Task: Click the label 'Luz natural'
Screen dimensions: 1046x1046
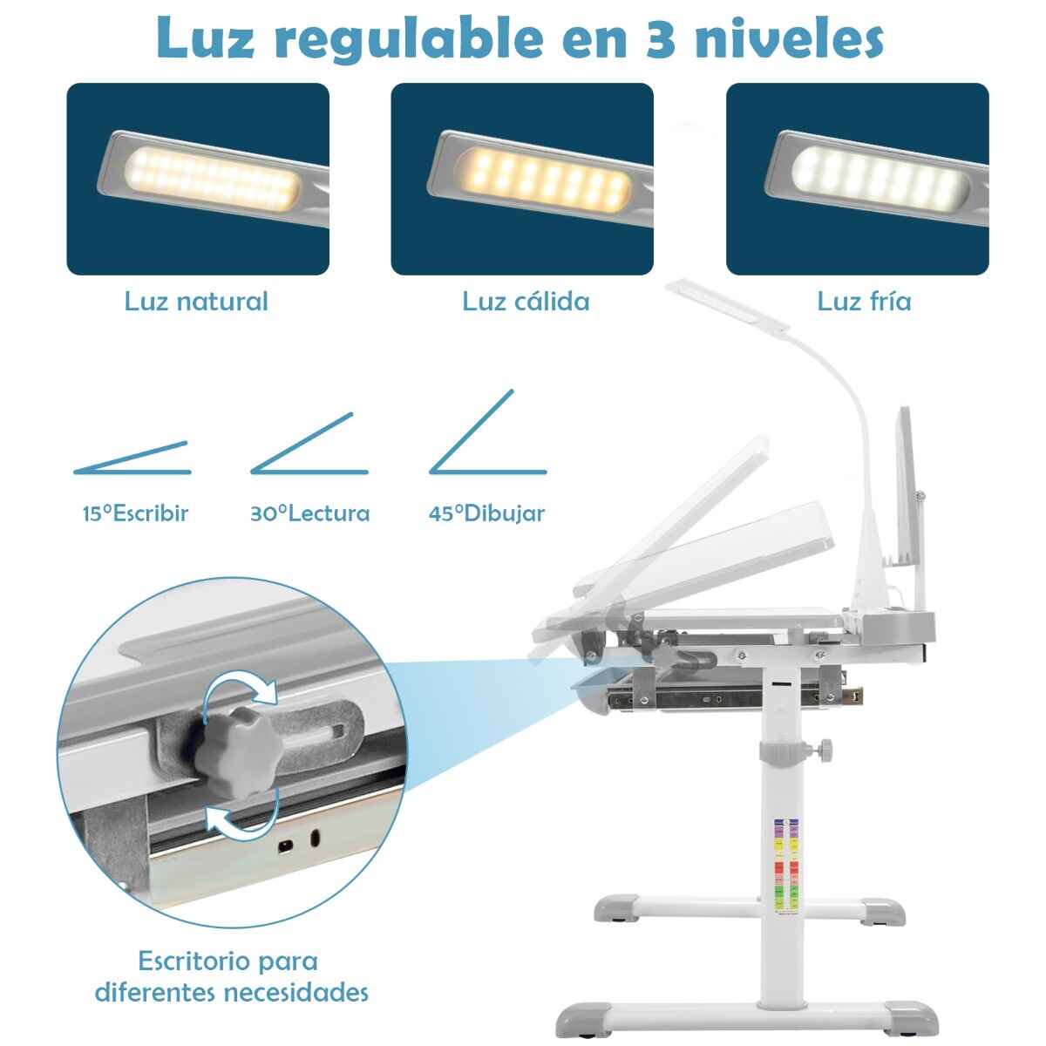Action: coord(196,302)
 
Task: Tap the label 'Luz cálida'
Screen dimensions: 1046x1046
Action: coord(526,302)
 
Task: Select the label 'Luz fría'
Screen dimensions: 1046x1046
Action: coord(864,302)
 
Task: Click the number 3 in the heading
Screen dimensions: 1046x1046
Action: coord(661,38)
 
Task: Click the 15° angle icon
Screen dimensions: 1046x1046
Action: coord(132,458)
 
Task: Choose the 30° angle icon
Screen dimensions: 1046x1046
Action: coord(309,444)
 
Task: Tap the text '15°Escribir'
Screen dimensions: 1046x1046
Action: coord(135,513)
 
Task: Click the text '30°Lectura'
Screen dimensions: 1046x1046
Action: coord(310,513)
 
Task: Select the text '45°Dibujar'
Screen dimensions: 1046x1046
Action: coord(486,514)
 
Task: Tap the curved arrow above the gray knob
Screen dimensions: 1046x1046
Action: coord(239,685)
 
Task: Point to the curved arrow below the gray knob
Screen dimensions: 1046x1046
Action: coord(242,824)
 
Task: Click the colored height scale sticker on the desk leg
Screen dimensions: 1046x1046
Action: coord(786,866)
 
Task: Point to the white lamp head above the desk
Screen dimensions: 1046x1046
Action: coord(727,302)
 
